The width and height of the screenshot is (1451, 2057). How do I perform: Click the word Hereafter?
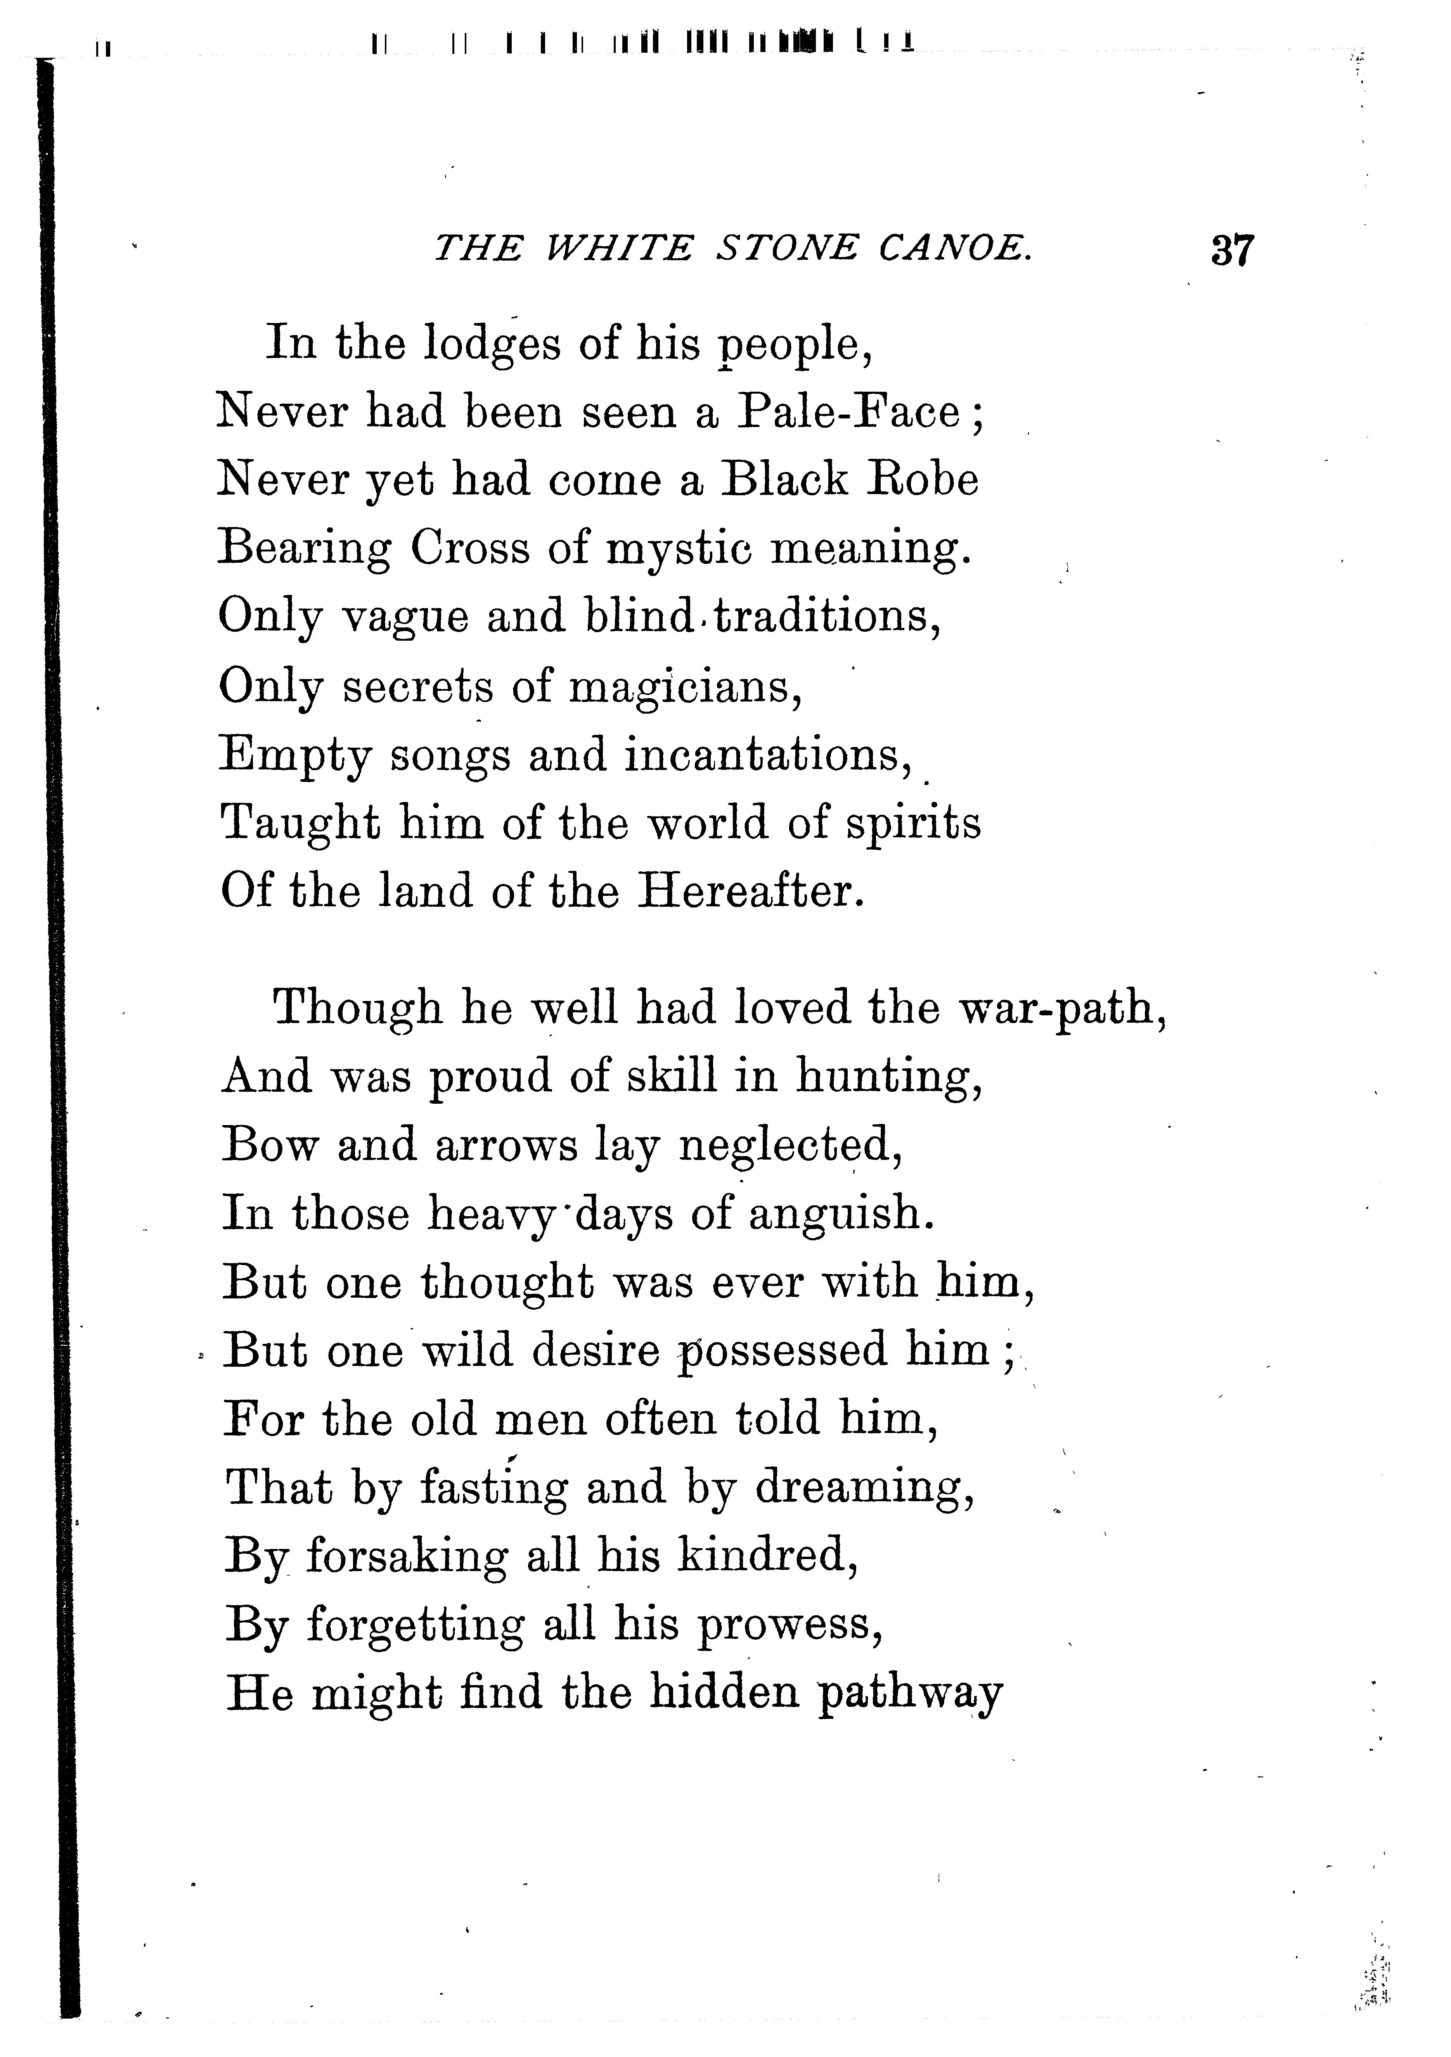pos(751,892)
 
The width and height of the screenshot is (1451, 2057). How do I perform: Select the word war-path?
pos(1063,1009)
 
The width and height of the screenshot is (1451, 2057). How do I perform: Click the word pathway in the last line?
pos(910,1693)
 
